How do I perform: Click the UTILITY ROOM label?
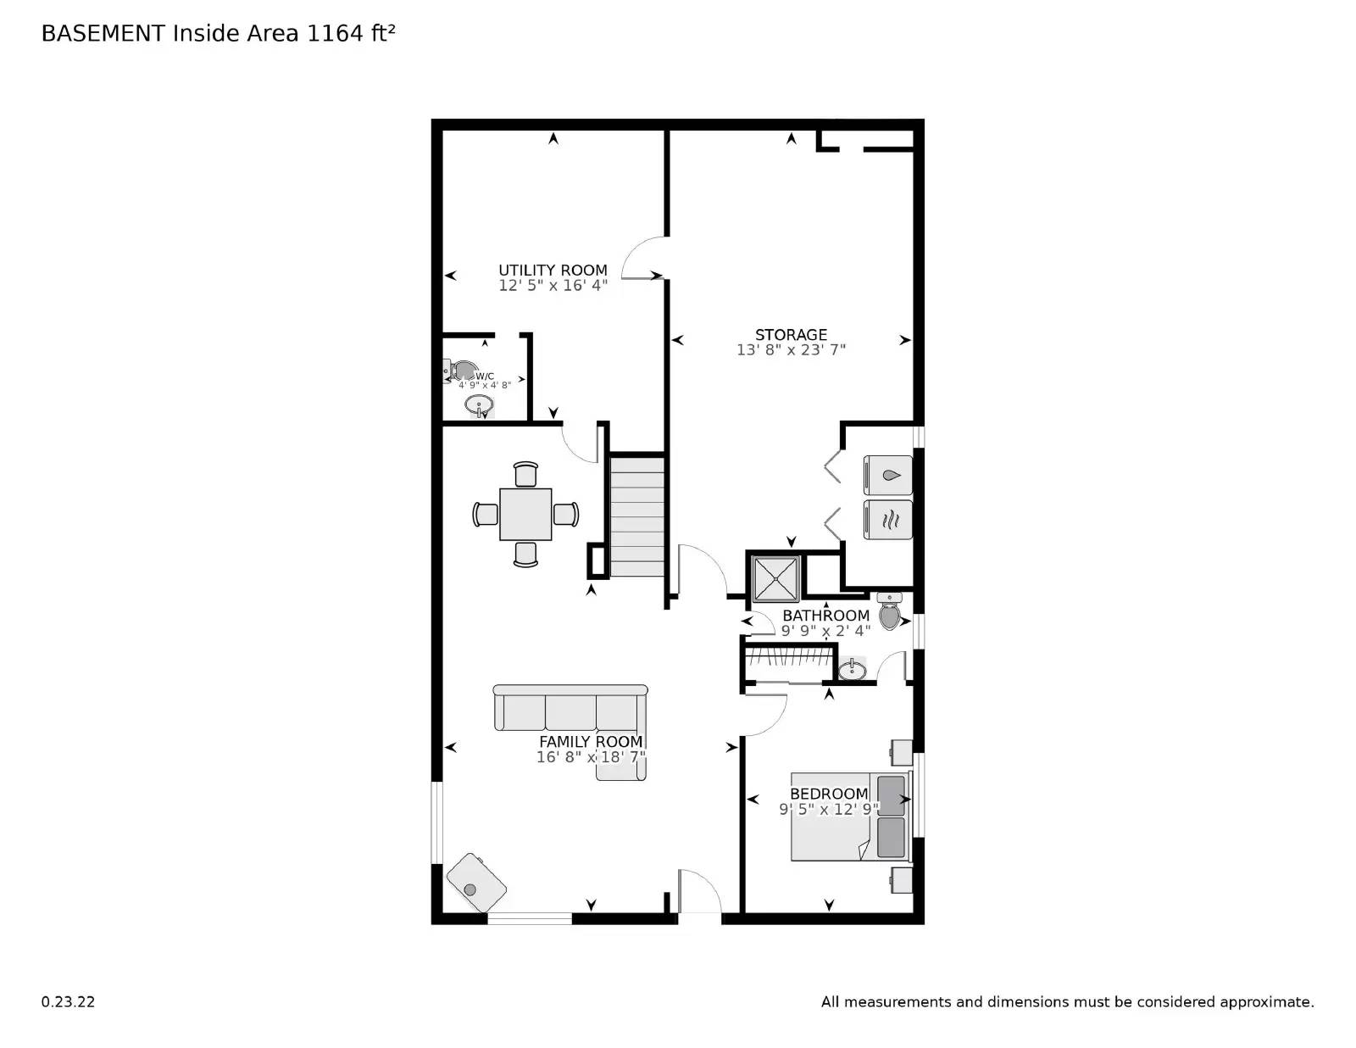(553, 270)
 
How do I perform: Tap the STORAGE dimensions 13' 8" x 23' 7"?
(791, 349)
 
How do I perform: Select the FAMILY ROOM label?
(591, 741)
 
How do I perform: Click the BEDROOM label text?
(828, 794)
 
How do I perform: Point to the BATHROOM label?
(825, 616)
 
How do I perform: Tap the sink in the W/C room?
(480, 405)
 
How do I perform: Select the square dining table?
(525, 514)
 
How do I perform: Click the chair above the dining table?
(525, 474)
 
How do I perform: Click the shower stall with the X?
(775, 578)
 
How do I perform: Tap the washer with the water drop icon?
(888, 475)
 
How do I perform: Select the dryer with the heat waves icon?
(888, 520)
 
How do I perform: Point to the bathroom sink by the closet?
(852, 671)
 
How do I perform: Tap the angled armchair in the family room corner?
(476, 883)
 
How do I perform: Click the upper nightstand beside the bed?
(900, 751)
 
